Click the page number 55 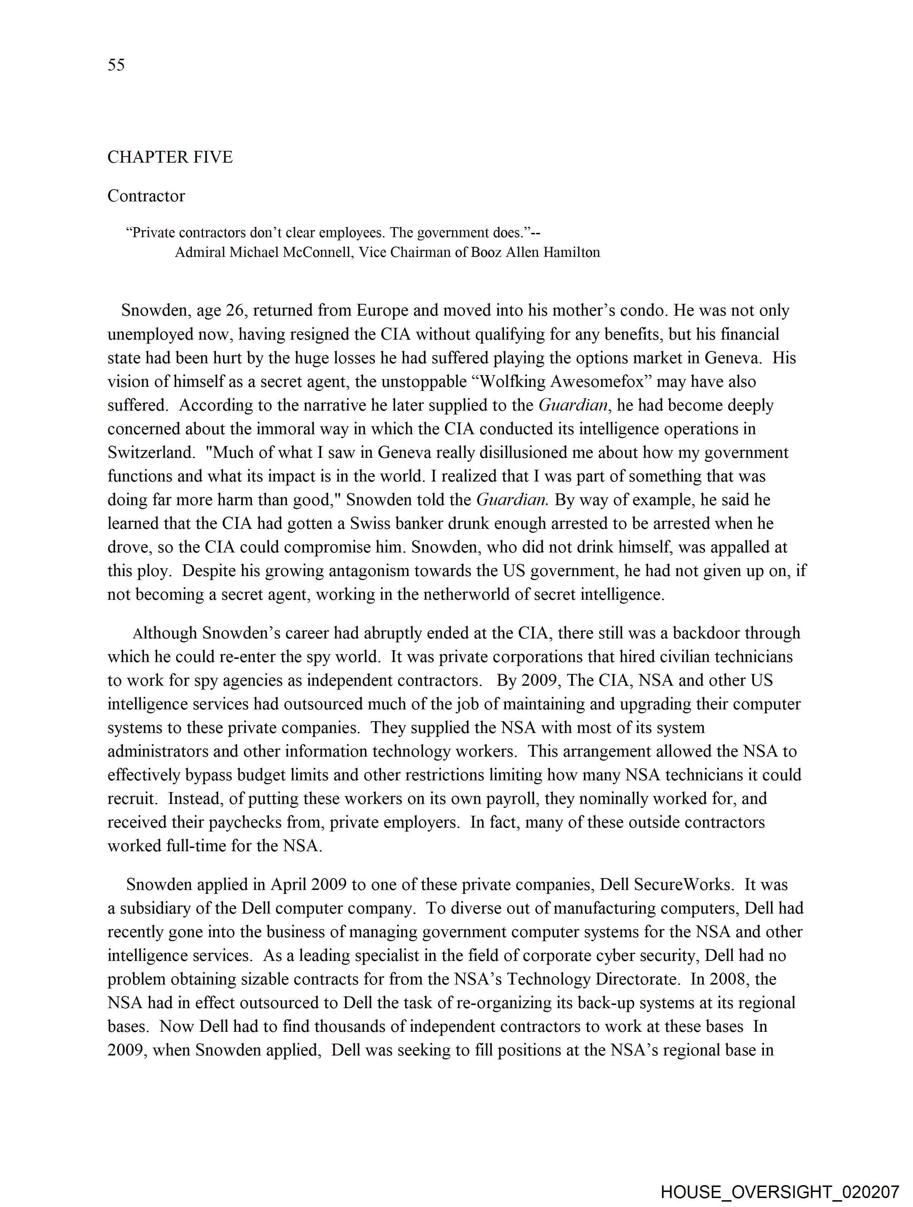pos(116,65)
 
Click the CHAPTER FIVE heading pos(170,157)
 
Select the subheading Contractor pos(146,196)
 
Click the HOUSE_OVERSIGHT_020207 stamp pos(779,1192)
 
